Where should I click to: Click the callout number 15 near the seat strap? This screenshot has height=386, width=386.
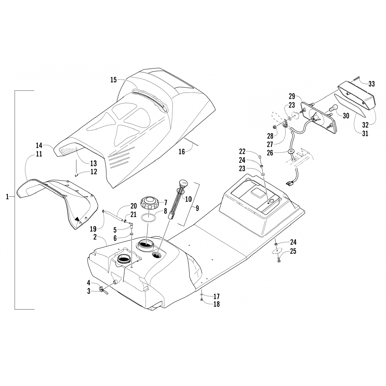coord(113,80)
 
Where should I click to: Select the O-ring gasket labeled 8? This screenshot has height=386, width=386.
coord(148,218)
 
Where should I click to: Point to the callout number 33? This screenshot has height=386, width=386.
coord(371,84)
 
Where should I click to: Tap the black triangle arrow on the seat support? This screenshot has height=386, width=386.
coord(77,219)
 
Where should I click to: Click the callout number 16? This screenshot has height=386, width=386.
coord(182,152)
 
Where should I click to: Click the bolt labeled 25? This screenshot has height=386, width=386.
coord(279,260)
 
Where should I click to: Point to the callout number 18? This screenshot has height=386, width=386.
coord(217,304)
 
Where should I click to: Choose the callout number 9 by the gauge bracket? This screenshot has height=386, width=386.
coord(197,208)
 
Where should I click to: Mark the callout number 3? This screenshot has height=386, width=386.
coord(89,292)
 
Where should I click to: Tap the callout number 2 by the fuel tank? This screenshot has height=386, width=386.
coord(95,237)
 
